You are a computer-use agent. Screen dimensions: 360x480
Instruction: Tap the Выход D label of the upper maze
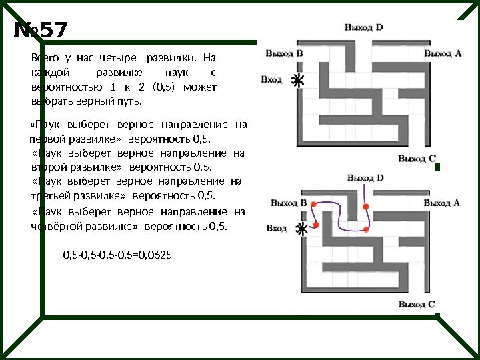[363, 27]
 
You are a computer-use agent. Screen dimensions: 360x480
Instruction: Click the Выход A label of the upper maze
[442, 53]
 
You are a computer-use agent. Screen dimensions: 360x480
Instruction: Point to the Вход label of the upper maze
[271, 79]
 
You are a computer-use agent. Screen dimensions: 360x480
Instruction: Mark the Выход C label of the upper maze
[417, 159]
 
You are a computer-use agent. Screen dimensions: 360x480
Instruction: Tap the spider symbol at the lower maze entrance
[301, 229]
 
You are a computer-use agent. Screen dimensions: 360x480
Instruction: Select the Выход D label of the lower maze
[365, 178]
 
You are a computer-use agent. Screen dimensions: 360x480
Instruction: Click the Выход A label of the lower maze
[442, 203]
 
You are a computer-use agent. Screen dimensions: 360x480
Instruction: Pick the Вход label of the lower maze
[276, 229]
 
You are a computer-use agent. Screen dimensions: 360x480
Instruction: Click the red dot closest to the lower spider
[315, 225]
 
